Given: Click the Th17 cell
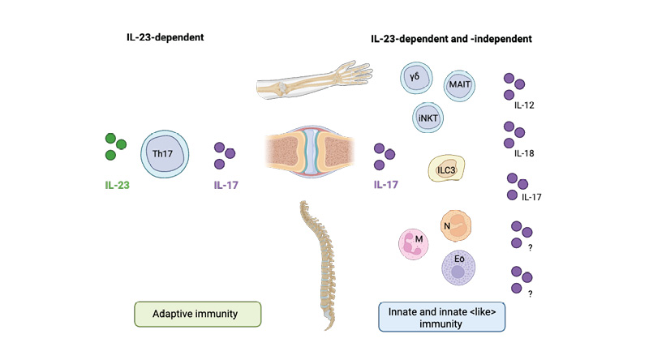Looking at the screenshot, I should [167, 152].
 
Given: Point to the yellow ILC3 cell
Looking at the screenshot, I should [446, 170].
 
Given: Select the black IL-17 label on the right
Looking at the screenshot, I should [532, 196].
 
